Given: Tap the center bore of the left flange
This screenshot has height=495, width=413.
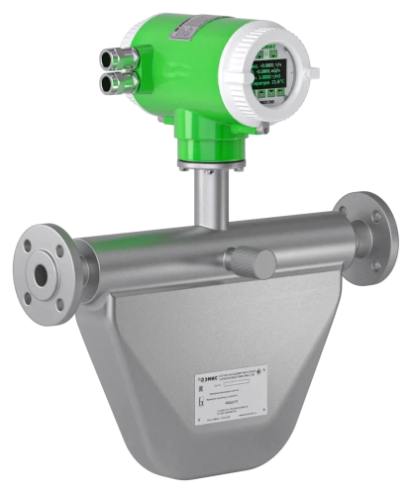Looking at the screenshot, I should click(44, 271).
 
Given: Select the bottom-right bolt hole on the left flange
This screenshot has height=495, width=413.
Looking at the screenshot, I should click(58, 297).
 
